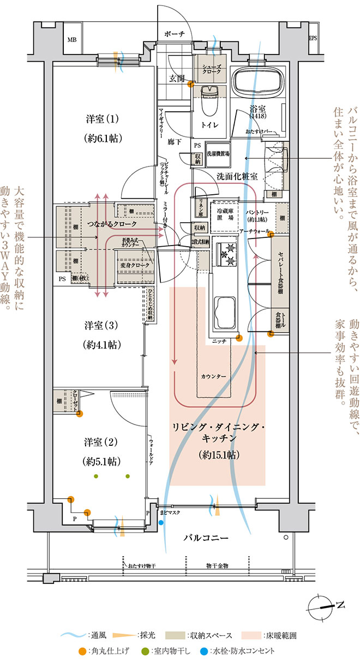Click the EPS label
pos(313,38)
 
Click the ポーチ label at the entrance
pos(175,34)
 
